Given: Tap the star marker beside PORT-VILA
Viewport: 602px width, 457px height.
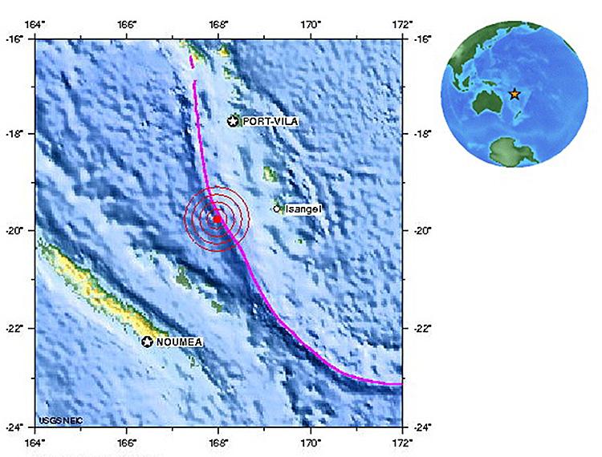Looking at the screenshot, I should [x=234, y=121].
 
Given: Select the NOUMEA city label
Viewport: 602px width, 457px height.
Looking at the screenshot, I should [x=179, y=342].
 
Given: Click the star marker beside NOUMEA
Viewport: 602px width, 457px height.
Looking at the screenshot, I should [x=148, y=342].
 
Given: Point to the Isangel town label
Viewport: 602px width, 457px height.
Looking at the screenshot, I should [x=303, y=208].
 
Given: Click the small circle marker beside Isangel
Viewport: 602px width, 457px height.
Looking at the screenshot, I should [x=278, y=208].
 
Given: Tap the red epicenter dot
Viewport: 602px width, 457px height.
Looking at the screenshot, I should [x=217, y=218].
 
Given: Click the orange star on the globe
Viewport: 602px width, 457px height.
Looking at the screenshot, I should [x=515, y=94].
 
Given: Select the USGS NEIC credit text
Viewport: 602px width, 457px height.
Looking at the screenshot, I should [x=60, y=419].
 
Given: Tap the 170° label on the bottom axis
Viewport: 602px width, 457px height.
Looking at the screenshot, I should [x=311, y=442].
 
